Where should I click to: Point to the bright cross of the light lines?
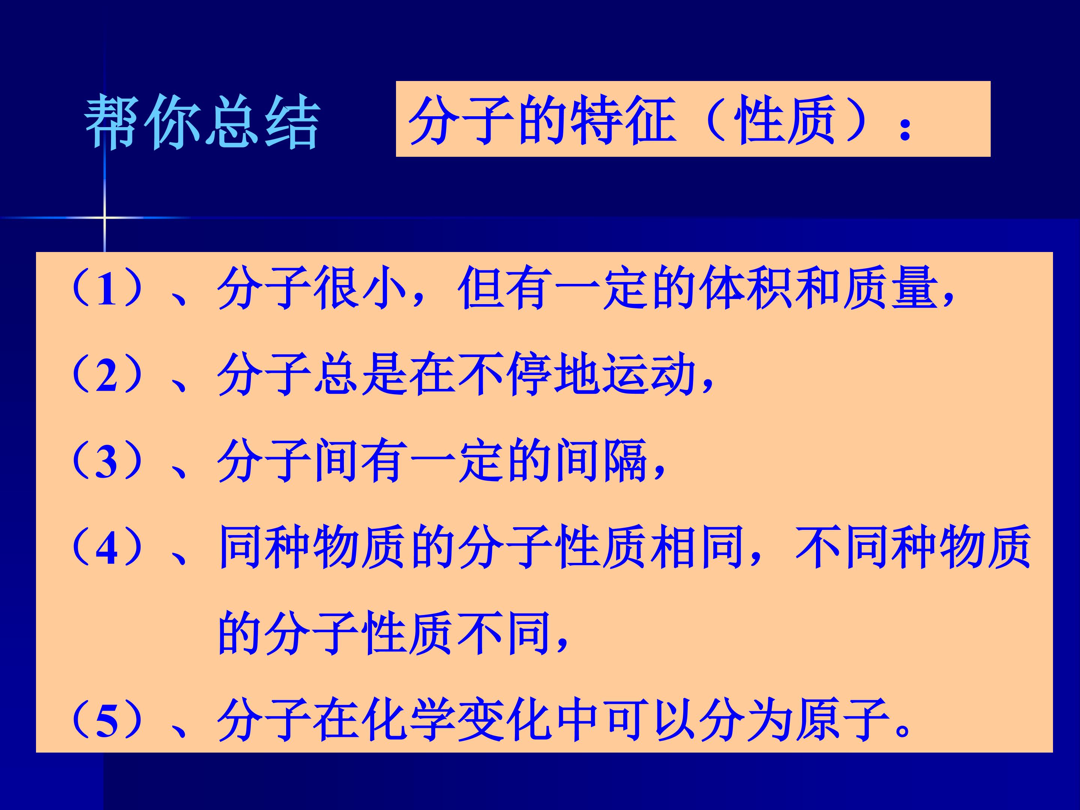point(105,217)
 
